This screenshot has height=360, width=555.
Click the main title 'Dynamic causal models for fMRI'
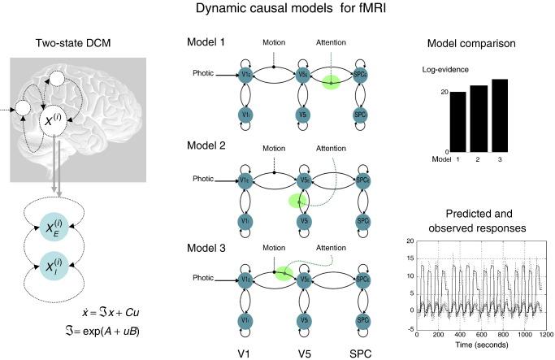pyautogui.click(x=277, y=10)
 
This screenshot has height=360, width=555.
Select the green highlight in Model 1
pyautogui.click(x=332, y=83)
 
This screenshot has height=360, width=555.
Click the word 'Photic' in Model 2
pyautogui.click(x=205, y=178)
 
